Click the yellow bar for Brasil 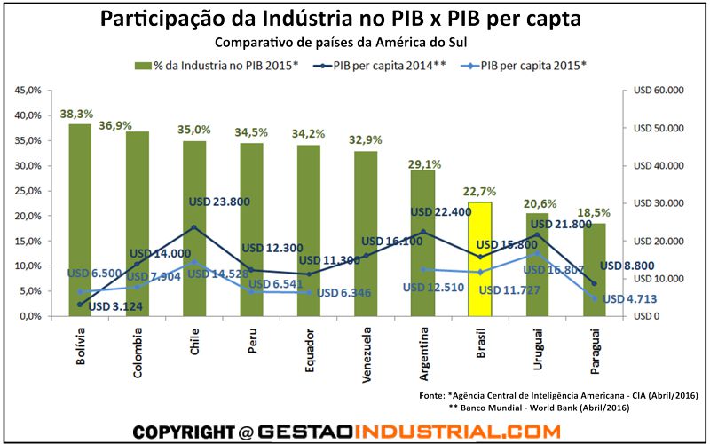tap(479, 258)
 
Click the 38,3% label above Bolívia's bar tap(77, 115)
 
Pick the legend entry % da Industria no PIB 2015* tap(222, 65)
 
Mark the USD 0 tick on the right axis tap(646, 316)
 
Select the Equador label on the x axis tap(309, 351)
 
